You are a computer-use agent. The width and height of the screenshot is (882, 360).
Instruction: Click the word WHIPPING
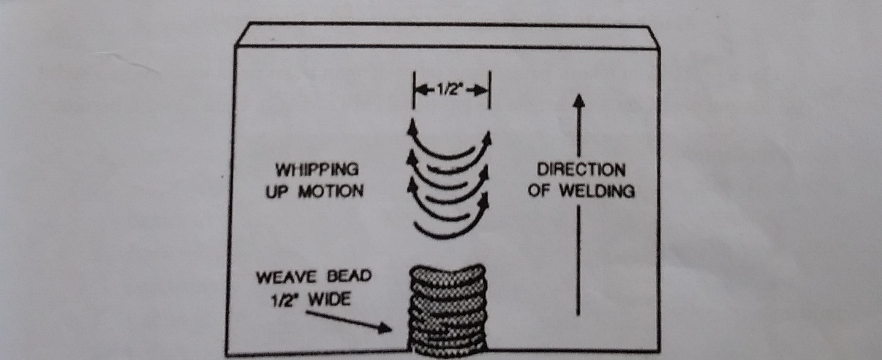pos(317,170)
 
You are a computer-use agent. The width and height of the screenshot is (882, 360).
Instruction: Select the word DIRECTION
pos(581,170)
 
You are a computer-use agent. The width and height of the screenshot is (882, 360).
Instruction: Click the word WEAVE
pos(286,277)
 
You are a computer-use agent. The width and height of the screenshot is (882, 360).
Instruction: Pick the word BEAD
pos(349,276)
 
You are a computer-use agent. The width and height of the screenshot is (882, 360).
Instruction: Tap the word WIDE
pos(330,300)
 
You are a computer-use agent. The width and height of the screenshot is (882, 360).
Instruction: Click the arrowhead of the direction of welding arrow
pos(579,100)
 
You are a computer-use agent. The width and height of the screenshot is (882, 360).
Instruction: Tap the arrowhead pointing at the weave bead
pos(385,328)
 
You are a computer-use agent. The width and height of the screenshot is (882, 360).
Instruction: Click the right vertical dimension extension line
pos(490,90)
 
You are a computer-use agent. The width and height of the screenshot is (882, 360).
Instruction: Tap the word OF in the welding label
pos(539,191)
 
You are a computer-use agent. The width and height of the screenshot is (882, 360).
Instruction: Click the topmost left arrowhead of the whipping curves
pos(411,127)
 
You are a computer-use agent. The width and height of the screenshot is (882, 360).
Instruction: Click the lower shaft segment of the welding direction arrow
pos(578,260)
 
